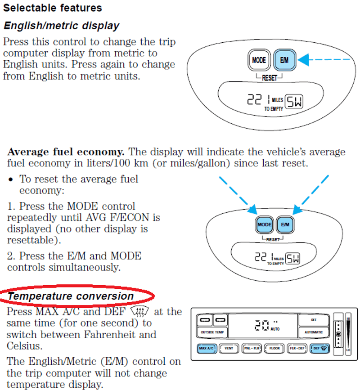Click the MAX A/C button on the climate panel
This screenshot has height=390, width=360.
[207, 348]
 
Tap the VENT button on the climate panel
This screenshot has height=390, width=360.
[229, 348]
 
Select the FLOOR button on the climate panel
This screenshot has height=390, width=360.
[274, 348]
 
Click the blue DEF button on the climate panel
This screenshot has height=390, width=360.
[319, 348]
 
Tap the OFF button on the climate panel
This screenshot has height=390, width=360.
[314, 320]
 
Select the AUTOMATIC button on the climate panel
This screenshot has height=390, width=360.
[314, 332]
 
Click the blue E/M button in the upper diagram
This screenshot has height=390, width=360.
[284, 60]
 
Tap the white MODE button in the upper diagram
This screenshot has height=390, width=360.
[259, 60]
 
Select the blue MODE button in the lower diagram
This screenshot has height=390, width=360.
[265, 224]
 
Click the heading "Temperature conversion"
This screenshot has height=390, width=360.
[71, 296]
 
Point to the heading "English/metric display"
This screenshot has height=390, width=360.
[61, 26]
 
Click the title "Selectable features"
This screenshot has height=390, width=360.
[53, 8]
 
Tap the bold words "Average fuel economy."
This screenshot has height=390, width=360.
[66, 152]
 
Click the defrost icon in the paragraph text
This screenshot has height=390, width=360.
[139, 311]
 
